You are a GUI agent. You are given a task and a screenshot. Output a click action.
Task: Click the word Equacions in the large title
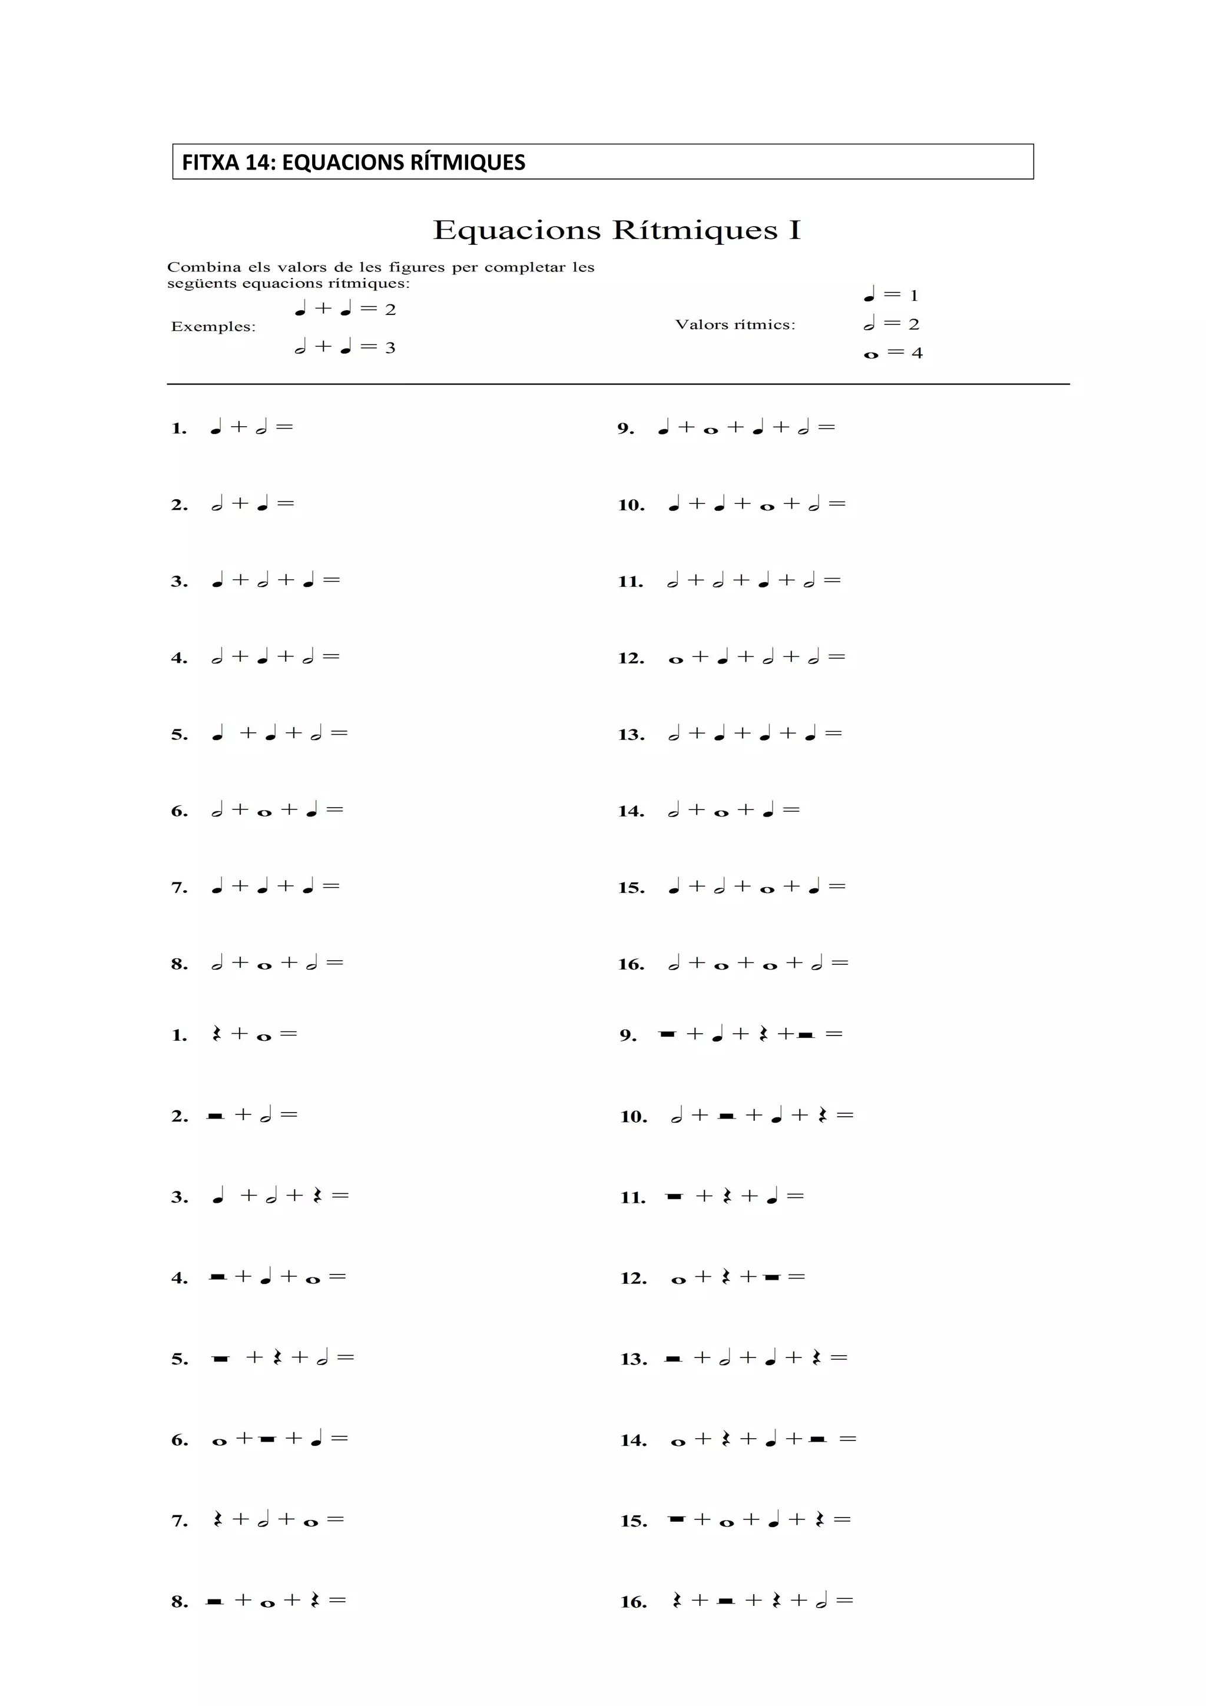click(x=516, y=230)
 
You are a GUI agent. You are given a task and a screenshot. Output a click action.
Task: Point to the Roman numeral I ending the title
click(x=795, y=230)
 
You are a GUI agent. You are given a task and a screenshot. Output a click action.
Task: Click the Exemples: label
click(x=213, y=327)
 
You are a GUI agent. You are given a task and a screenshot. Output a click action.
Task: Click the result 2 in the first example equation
click(x=390, y=310)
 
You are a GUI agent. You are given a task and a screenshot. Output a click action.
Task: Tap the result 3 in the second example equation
click(x=390, y=348)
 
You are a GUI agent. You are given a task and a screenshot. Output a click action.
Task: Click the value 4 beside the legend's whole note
click(x=917, y=354)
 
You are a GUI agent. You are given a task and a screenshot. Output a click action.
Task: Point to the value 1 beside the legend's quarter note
click(x=914, y=296)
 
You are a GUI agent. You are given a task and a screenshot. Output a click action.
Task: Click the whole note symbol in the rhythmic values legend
click(x=871, y=355)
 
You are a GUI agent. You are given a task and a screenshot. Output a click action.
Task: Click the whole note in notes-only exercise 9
click(x=710, y=430)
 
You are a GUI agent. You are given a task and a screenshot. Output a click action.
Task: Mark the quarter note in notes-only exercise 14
click(x=768, y=811)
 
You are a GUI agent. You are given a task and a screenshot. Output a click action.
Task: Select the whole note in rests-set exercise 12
click(x=678, y=1280)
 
